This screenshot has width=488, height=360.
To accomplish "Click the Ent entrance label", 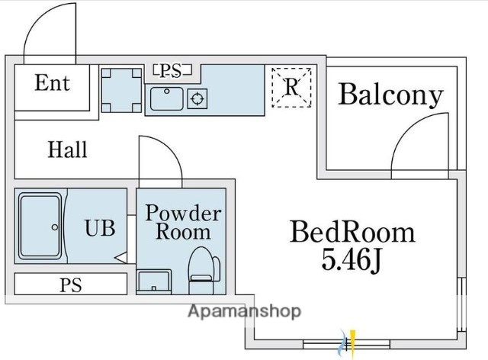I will point(52,83).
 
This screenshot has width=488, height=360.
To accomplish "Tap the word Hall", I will point(68,149).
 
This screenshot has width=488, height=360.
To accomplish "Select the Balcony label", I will point(390,95).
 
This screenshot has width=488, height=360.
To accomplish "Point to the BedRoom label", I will point(352,231).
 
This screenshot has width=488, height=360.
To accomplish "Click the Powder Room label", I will point(183,222).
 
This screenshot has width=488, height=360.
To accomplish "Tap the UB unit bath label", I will point(100,227).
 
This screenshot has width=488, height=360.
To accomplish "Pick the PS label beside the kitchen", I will point(172,71).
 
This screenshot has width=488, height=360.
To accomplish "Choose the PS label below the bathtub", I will point(70,285).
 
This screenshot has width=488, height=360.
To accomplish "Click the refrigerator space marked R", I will point(291,86).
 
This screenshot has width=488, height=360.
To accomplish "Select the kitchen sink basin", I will point(166,98).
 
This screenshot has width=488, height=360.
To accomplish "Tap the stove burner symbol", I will point(197,98).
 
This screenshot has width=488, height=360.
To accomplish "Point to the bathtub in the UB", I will point(40,227).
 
